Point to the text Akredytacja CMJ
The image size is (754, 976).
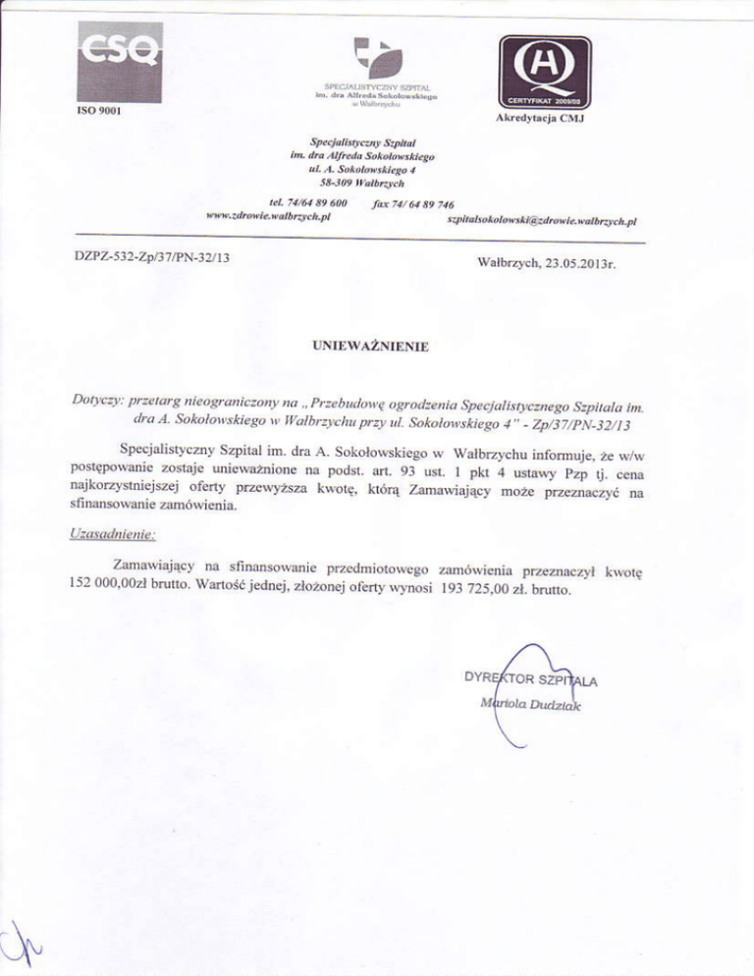(545, 121)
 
